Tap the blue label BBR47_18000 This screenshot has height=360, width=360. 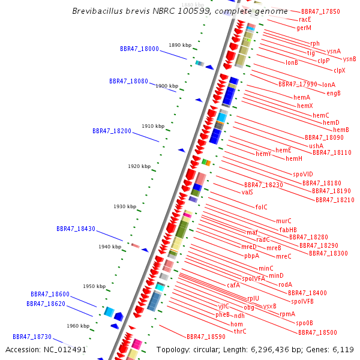point(139,49)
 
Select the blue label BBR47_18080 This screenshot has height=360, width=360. point(128,81)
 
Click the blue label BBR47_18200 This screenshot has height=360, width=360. point(112,131)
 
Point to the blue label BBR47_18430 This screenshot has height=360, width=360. point(76,229)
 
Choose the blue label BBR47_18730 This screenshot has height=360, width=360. point(32,337)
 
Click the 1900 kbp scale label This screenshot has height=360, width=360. point(166,86)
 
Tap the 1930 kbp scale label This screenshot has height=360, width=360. point(125,206)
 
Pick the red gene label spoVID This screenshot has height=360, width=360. point(303,174)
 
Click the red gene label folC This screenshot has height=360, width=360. point(262,207)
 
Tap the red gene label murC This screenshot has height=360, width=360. point(284,221)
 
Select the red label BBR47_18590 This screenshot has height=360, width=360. point(206,337)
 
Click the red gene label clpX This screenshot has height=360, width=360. point(340,70)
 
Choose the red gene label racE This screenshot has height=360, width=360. point(304,19)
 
